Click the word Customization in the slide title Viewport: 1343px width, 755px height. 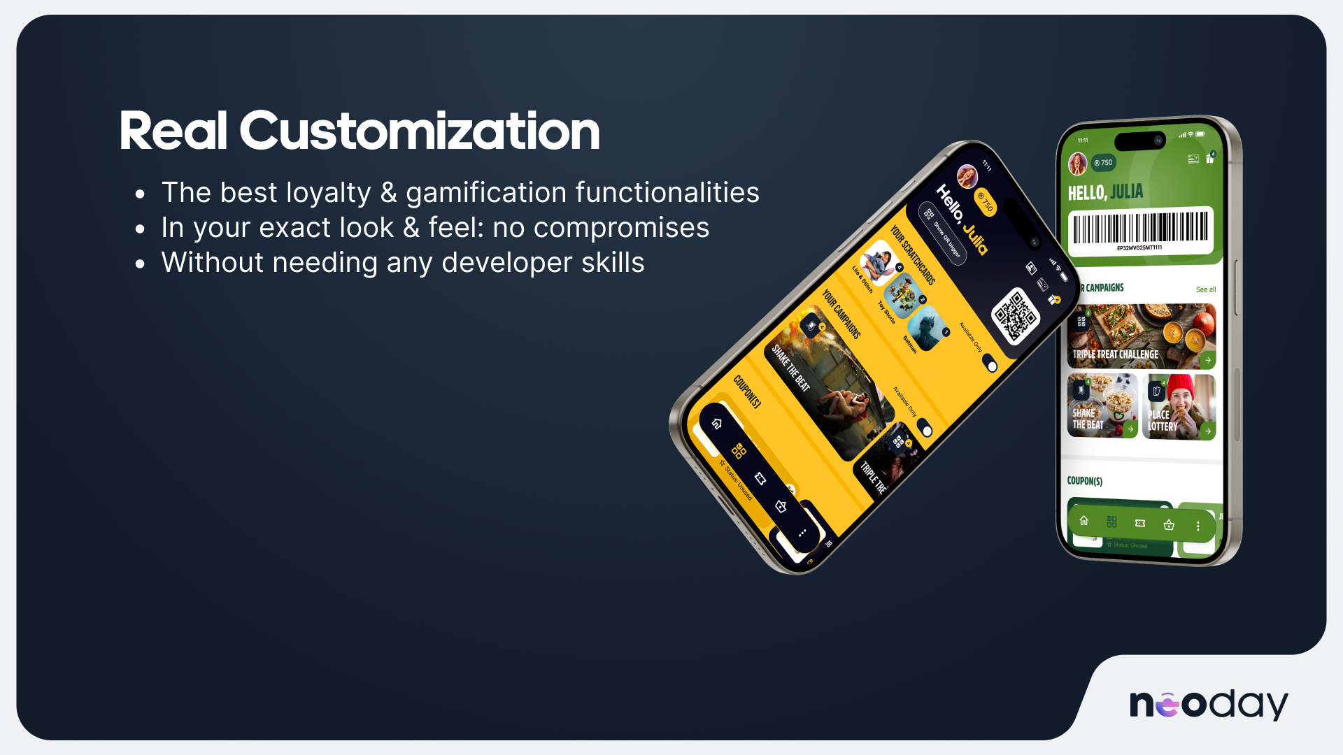point(420,131)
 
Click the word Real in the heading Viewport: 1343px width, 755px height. point(173,131)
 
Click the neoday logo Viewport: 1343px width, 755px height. point(1209,703)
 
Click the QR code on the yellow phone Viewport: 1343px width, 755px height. point(1016,316)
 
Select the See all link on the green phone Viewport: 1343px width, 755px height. point(1205,289)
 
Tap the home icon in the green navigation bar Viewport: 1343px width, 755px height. point(1083,521)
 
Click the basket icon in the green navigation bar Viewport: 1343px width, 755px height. point(1169,524)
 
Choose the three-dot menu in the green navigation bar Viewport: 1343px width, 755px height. point(1198,526)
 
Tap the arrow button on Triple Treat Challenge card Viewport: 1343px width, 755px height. point(1207,360)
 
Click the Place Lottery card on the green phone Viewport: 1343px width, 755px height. point(1179,407)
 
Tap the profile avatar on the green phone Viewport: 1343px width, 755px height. point(1077,164)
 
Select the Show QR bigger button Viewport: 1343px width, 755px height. point(943,233)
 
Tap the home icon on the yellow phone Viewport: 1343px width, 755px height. point(716,424)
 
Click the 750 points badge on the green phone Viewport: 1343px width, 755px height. point(1103,163)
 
